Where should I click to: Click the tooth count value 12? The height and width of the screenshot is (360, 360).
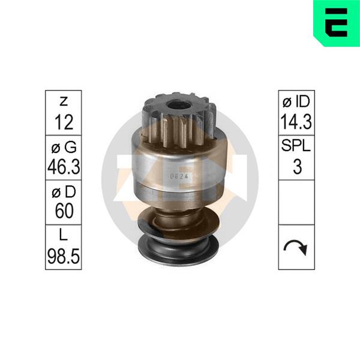pos(64,122)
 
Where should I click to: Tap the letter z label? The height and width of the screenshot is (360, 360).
pos(64,101)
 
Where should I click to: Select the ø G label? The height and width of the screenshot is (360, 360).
pos(64,147)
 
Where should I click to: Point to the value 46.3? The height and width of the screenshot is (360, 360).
pos(64,167)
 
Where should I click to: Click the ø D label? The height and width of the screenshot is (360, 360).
pos(64,192)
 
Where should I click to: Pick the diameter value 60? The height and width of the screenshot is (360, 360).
pos(64,212)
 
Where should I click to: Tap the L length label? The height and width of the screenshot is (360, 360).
pos(64,235)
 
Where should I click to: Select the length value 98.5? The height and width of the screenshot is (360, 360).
pos(64,256)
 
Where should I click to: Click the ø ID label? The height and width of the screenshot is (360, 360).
pos(296,102)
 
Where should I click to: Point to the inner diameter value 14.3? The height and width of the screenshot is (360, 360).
pos(296,122)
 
